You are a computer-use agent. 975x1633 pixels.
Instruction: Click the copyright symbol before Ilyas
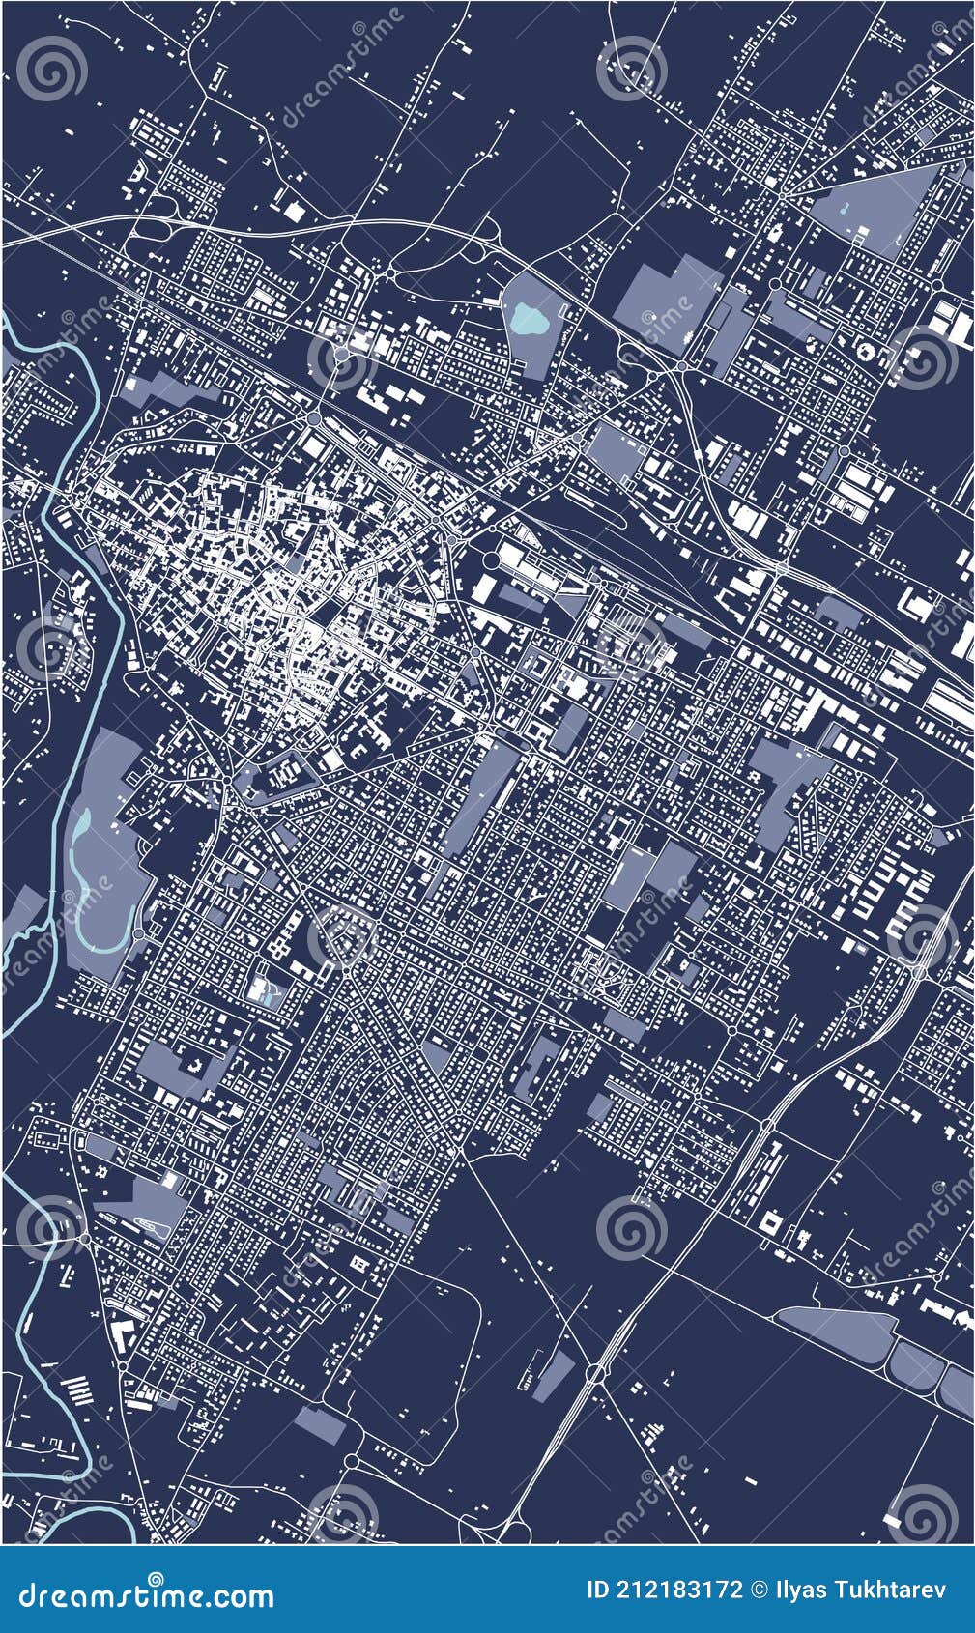760,1590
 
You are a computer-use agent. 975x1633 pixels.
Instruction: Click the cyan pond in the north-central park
528,318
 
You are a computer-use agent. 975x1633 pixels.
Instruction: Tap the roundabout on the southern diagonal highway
593,1371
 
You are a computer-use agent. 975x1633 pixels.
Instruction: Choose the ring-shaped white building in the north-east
865,349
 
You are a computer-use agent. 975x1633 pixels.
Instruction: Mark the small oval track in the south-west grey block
156,1224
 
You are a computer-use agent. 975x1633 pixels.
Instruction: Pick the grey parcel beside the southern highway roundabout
552,1369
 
